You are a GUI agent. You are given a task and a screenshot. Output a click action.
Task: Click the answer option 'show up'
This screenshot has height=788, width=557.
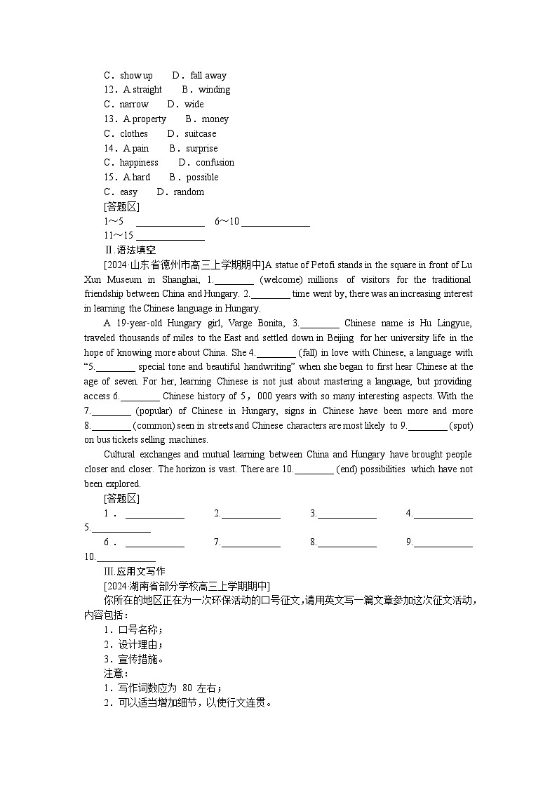click(136, 75)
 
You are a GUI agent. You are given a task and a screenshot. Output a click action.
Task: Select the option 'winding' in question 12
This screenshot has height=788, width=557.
click(214, 90)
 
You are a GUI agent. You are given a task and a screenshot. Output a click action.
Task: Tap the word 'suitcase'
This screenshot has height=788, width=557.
click(201, 133)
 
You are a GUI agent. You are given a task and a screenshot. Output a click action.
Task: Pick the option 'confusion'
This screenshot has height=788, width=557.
click(215, 163)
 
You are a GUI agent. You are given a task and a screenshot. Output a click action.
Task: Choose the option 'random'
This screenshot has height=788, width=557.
click(189, 192)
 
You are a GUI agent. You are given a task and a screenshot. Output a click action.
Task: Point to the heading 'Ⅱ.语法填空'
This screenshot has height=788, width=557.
click(130, 251)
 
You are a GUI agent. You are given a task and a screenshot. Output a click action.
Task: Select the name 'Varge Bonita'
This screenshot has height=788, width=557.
click(259, 323)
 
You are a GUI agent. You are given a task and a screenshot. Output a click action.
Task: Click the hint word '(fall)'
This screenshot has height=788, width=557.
click(310, 352)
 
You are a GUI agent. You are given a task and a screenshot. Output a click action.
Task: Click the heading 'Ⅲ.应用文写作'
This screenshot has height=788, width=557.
click(134, 571)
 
